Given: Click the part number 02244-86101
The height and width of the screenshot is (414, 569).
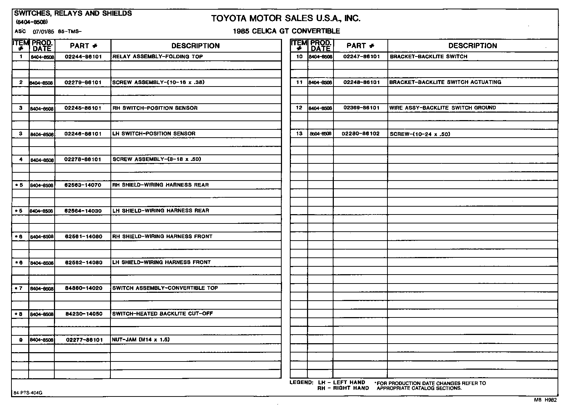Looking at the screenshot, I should (83, 56).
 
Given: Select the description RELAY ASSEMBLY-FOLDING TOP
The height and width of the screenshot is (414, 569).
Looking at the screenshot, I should (157, 56).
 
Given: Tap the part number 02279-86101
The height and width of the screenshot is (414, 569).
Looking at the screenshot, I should (83, 82).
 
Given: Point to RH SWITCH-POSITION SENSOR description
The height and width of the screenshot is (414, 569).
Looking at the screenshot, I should (155, 108).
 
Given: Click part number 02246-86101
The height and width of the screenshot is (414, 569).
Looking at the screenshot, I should (83, 134).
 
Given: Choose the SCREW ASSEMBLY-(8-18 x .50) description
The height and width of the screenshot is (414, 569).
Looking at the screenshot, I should (157, 159).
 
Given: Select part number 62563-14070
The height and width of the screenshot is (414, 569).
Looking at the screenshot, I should (83, 185).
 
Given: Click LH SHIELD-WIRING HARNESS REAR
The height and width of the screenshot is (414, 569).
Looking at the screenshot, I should (160, 211).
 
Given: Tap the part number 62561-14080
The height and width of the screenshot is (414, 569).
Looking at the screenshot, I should (83, 236).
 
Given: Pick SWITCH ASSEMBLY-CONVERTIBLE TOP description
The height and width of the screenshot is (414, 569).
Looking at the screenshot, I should (165, 288).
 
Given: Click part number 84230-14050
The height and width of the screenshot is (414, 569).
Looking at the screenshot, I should (84, 314).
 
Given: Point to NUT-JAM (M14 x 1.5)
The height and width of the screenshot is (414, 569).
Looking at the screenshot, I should (140, 339).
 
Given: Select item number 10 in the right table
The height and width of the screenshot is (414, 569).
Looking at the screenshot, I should (300, 56).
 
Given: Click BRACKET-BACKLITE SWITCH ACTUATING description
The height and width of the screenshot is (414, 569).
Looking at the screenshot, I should (445, 82).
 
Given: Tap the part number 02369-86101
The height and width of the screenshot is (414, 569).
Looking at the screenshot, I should (361, 108).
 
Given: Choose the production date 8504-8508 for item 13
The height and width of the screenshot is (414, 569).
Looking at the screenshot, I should (321, 134).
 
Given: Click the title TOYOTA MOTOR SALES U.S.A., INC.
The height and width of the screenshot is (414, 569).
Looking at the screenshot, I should (286, 18).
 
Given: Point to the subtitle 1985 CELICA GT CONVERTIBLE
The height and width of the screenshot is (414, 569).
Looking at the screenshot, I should (286, 31).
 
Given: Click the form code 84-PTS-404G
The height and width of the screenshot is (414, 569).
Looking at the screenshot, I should (28, 393).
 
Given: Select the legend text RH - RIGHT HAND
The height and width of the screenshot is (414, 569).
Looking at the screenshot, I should (343, 388).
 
